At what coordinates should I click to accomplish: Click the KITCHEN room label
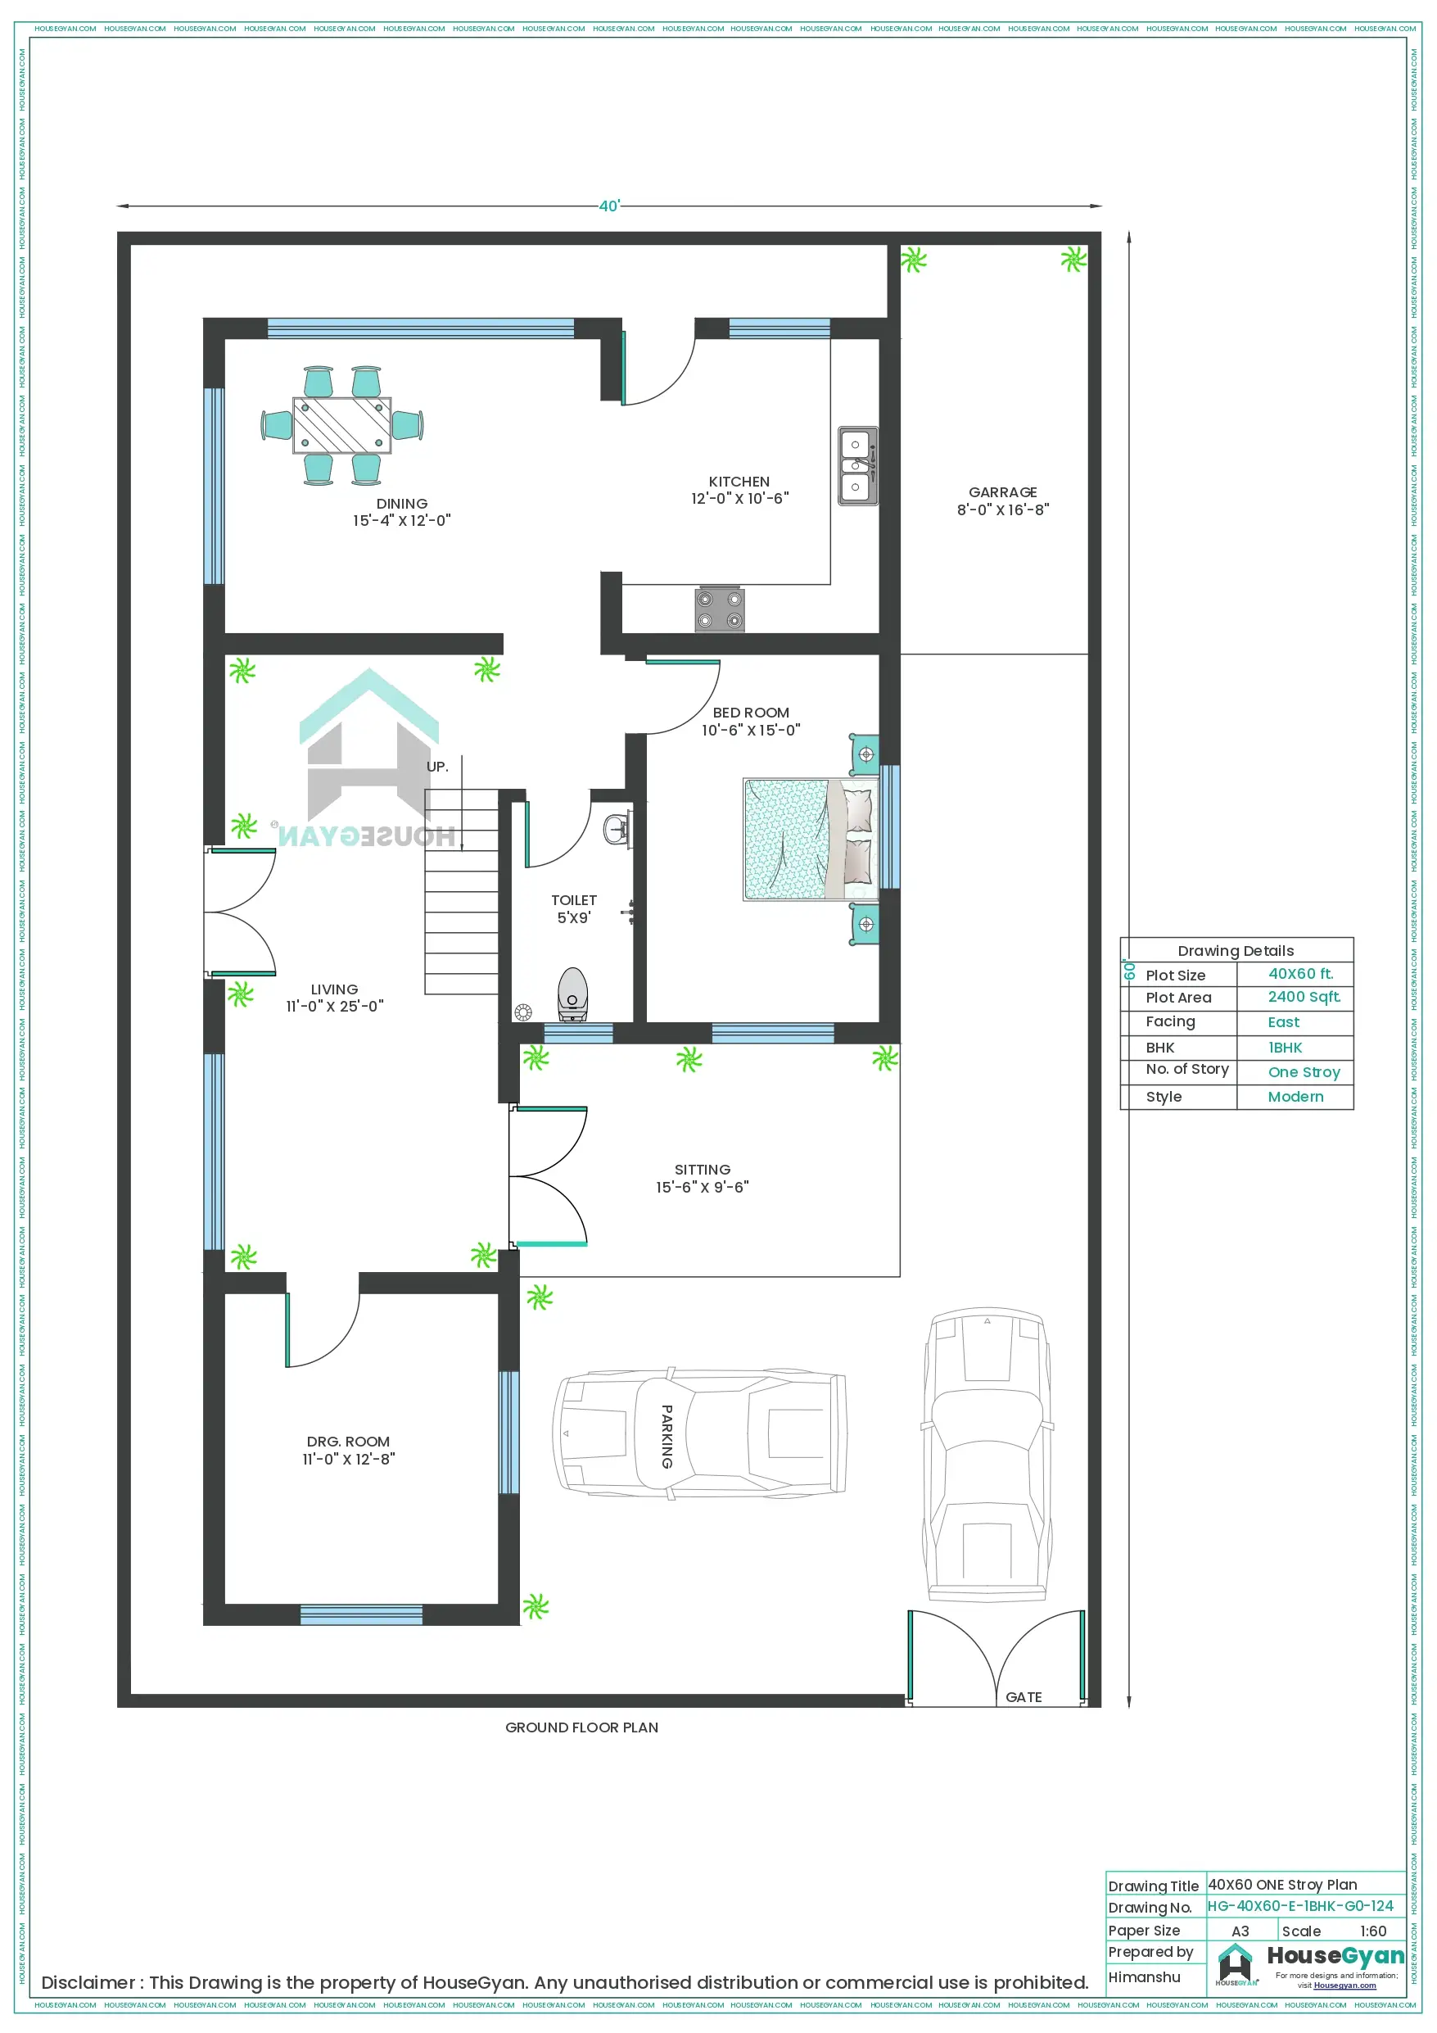pyautogui.click(x=739, y=482)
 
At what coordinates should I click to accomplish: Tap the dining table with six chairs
pyautogui.click(x=341, y=425)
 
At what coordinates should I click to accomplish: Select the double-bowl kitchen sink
pyautogui.click(x=857, y=466)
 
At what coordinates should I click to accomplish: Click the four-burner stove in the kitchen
pyautogui.click(x=719, y=609)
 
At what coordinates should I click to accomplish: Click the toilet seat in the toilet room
pyautogui.click(x=572, y=993)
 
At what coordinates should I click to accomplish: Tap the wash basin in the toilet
pyautogui.click(x=617, y=830)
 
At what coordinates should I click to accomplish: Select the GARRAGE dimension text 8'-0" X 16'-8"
pyautogui.click(x=1002, y=509)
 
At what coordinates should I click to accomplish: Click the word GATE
pyautogui.click(x=1023, y=1696)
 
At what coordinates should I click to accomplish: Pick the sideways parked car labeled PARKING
pyautogui.click(x=699, y=1434)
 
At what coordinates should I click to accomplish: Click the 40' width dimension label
pyautogui.click(x=609, y=206)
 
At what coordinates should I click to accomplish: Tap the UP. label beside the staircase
pyautogui.click(x=437, y=767)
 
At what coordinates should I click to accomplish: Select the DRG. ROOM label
pyautogui.click(x=348, y=1442)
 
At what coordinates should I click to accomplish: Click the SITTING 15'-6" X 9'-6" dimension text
pyautogui.click(x=702, y=1188)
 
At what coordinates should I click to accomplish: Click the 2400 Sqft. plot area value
pyautogui.click(x=1304, y=997)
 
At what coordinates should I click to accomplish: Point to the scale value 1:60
pyautogui.click(x=1372, y=1931)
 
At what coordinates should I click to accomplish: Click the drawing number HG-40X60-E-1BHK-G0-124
pyautogui.click(x=1299, y=1905)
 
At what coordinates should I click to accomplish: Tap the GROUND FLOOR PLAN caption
pyautogui.click(x=581, y=1727)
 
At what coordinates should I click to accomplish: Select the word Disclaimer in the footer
pyautogui.click(x=88, y=1982)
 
